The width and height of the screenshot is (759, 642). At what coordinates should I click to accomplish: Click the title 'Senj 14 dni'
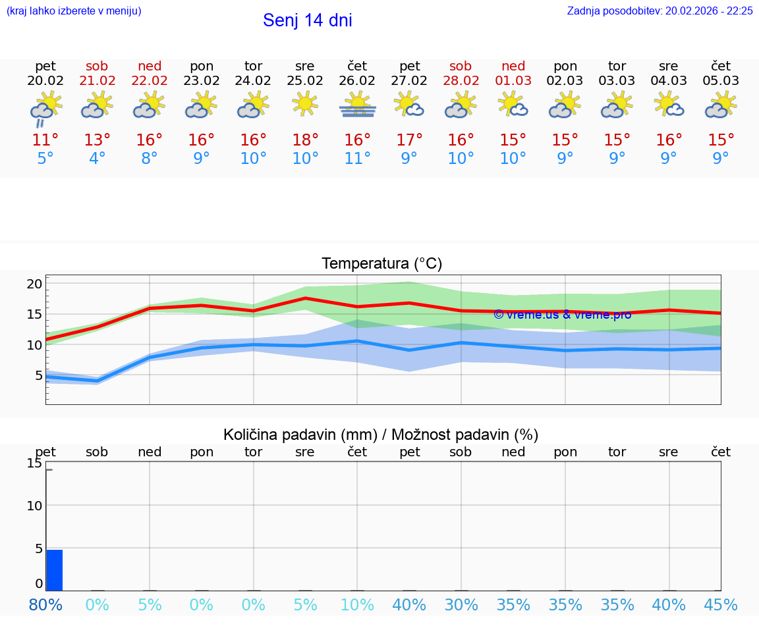[x=307, y=20]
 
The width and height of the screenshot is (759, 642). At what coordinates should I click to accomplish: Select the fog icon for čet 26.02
[x=357, y=105]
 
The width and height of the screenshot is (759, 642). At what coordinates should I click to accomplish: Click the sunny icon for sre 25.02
[x=305, y=104]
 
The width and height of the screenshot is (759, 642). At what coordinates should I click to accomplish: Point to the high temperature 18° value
[x=305, y=140]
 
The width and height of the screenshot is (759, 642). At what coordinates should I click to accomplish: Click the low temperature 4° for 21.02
[x=97, y=159]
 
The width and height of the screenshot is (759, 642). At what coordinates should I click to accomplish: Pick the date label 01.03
[x=513, y=81]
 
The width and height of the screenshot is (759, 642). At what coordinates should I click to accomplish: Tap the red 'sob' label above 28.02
[x=461, y=66]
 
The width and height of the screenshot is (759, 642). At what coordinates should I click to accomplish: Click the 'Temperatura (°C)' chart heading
[x=381, y=264]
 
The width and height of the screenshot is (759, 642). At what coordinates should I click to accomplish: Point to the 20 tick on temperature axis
[x=34, y=284]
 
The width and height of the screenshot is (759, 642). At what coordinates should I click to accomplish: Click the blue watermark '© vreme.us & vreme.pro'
[x=562, y=315]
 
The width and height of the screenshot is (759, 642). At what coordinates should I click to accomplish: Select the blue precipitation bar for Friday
[x=55, y=570]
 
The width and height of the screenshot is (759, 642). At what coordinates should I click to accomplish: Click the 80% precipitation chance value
[x=45, y=605]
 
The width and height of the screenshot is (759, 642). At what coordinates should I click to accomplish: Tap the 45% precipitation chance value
[x=721, y=605]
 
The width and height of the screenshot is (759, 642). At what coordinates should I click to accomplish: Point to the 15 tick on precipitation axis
[x=34, y=463]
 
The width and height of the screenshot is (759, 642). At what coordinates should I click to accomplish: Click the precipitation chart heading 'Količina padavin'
[x=381, y=435]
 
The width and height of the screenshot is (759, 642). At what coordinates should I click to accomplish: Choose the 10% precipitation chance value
[x=357, y=605]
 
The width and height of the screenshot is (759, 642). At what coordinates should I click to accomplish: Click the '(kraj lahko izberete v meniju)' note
[x=74, y=11]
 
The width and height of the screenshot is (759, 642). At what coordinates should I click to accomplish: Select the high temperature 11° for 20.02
[x=45, y=140]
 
